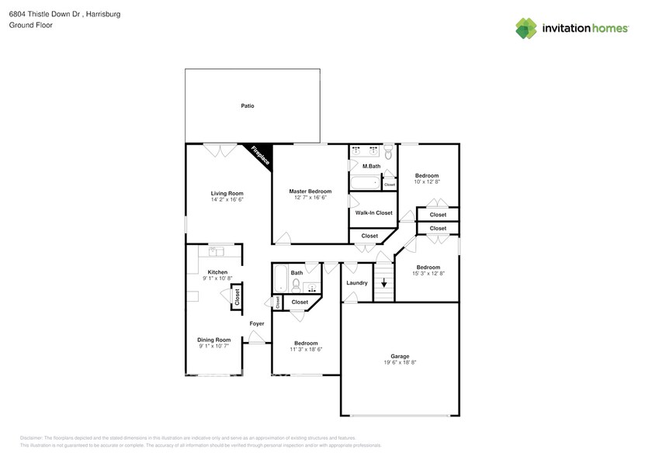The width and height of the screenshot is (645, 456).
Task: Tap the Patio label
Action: pos(247,105)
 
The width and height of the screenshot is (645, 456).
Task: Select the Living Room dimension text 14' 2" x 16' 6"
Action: pos(227,199)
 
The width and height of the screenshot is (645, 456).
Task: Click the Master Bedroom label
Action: pos(310,191)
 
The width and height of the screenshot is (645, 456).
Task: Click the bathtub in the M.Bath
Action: pos(365,183)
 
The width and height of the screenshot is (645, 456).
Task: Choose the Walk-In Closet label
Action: pos(373,212)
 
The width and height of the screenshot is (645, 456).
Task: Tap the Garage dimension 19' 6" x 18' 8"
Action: pos(400,363)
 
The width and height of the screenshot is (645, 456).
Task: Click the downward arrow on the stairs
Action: pos(383,283)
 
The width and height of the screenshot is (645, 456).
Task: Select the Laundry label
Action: pos(356,283)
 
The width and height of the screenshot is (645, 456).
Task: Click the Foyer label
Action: pos(256,323)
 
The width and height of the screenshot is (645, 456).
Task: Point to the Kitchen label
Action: pos(217,272)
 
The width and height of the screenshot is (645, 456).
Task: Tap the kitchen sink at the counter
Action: pos(215,252)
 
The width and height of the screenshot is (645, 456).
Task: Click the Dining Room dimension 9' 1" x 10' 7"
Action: pos(213,346)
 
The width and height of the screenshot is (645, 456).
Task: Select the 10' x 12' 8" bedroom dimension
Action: pos(427,182)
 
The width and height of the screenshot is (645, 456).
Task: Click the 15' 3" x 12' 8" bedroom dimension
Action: pos(427,273)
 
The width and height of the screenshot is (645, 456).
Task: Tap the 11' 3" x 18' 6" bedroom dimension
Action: pos(305,350)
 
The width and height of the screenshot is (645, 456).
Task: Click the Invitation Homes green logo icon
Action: pos(526,29)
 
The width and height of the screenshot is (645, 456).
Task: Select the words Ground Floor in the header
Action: pos(28,25)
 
